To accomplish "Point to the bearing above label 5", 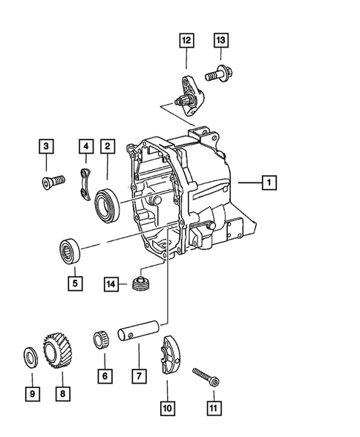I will [x=73, y=248].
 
